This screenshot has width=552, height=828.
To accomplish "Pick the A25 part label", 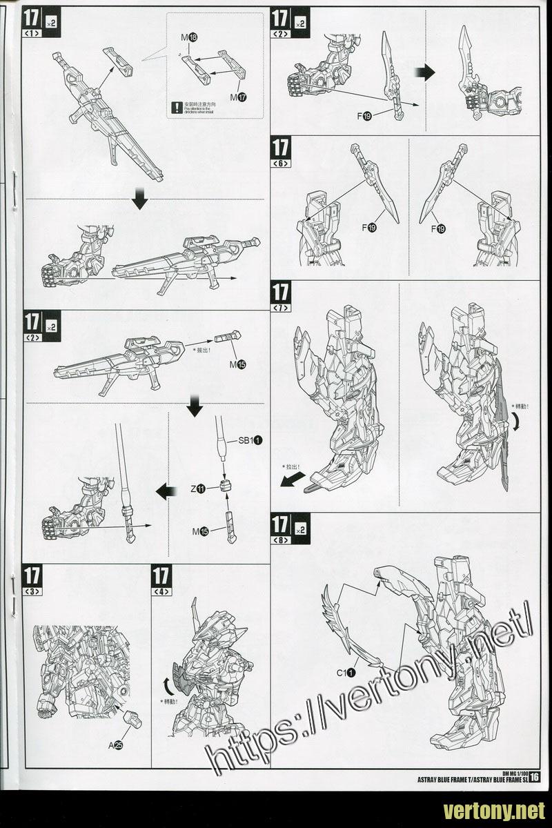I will click(115, 745).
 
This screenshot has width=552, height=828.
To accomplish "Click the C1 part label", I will click(346, 671).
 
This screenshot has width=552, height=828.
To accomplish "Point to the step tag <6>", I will click(282, 164).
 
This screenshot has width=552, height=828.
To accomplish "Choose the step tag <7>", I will click(282, 307).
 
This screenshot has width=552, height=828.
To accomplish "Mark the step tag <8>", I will click(282, 540).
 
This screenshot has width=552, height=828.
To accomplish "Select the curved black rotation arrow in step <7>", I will click(517, 428).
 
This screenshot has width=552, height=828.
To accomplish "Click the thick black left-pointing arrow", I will click(164, 491).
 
